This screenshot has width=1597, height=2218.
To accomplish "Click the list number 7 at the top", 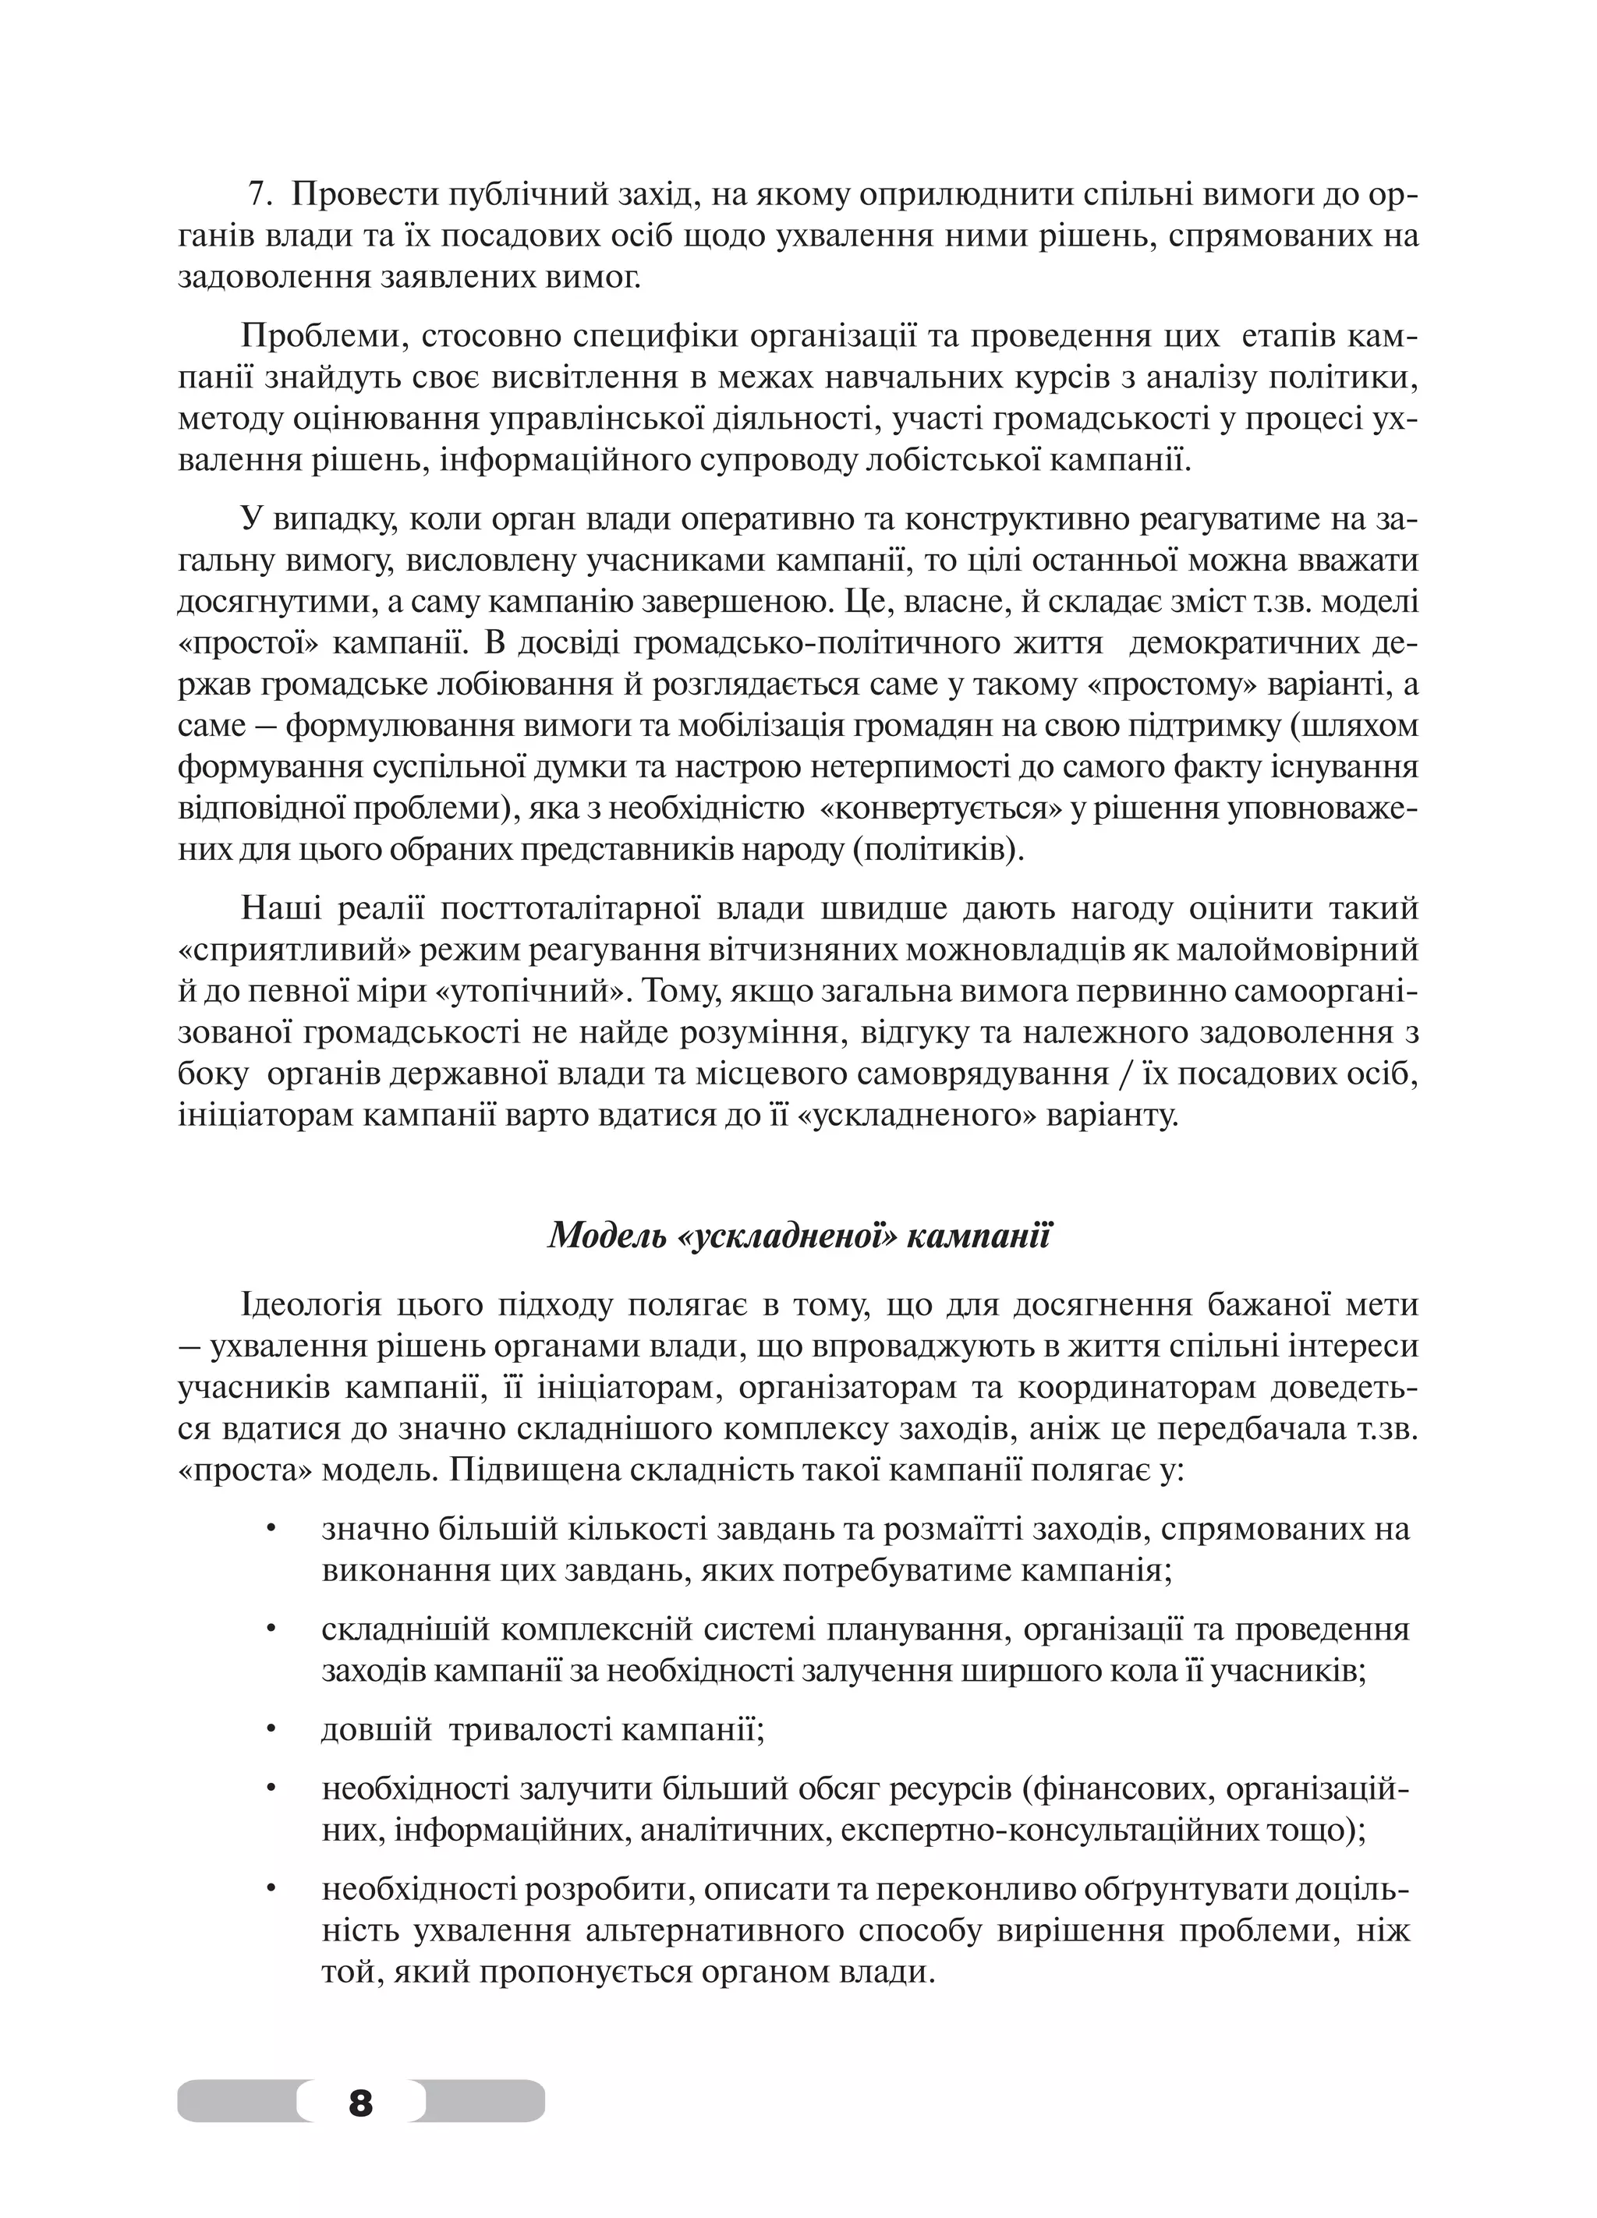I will (257, 196).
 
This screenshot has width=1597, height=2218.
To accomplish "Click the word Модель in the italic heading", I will (604, 1235).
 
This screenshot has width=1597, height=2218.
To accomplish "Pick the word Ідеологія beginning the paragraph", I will (311, 1306).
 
